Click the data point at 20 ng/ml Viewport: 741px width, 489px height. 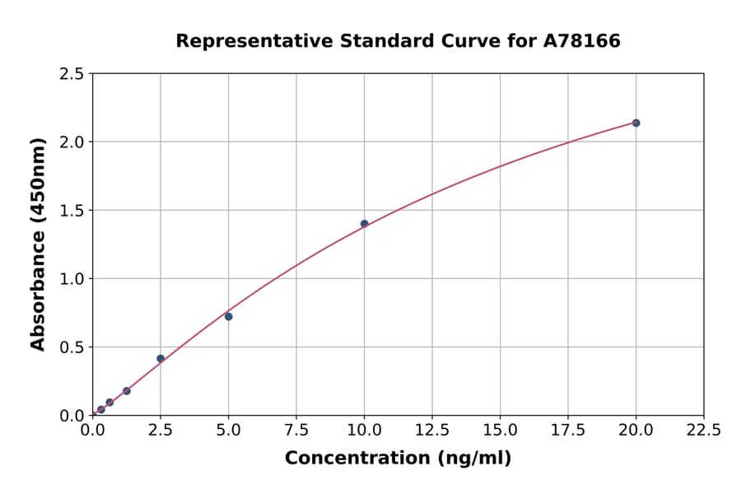click(x=636, y=123)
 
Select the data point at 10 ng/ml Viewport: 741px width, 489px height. click(x=364, y=224)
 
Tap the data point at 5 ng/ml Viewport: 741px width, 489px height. click(x=229, y=316)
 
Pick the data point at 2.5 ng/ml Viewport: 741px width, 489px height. click(x=161, y=358)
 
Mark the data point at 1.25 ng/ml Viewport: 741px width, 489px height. click(x=127, y=391)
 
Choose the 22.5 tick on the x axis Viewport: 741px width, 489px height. click(x=703, y=430)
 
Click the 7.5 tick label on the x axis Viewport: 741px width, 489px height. click(x=296, y=430)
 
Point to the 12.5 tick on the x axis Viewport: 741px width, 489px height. click(x=432, y=430)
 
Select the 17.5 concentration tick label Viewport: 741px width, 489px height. click(x=568, y=430)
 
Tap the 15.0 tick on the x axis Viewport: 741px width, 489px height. click(x=500, y=430)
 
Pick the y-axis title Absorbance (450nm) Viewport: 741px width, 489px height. click(x=38, y=244)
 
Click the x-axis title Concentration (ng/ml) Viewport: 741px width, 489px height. click(x=398, y=459)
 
